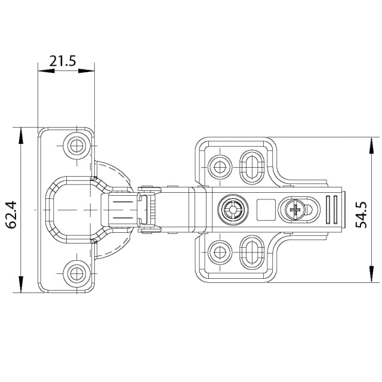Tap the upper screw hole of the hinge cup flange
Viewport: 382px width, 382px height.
(x=76, y=145)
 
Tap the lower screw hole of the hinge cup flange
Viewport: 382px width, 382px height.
(x=76, y=274)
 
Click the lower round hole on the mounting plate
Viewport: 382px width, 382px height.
(x=220, y=252)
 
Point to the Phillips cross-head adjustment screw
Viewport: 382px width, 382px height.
(x=295, y=209)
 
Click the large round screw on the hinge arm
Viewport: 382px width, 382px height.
(x=232, y=210)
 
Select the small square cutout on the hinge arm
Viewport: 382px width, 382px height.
(x=265, y=209)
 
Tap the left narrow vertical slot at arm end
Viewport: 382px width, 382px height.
(x=328, y=209)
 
